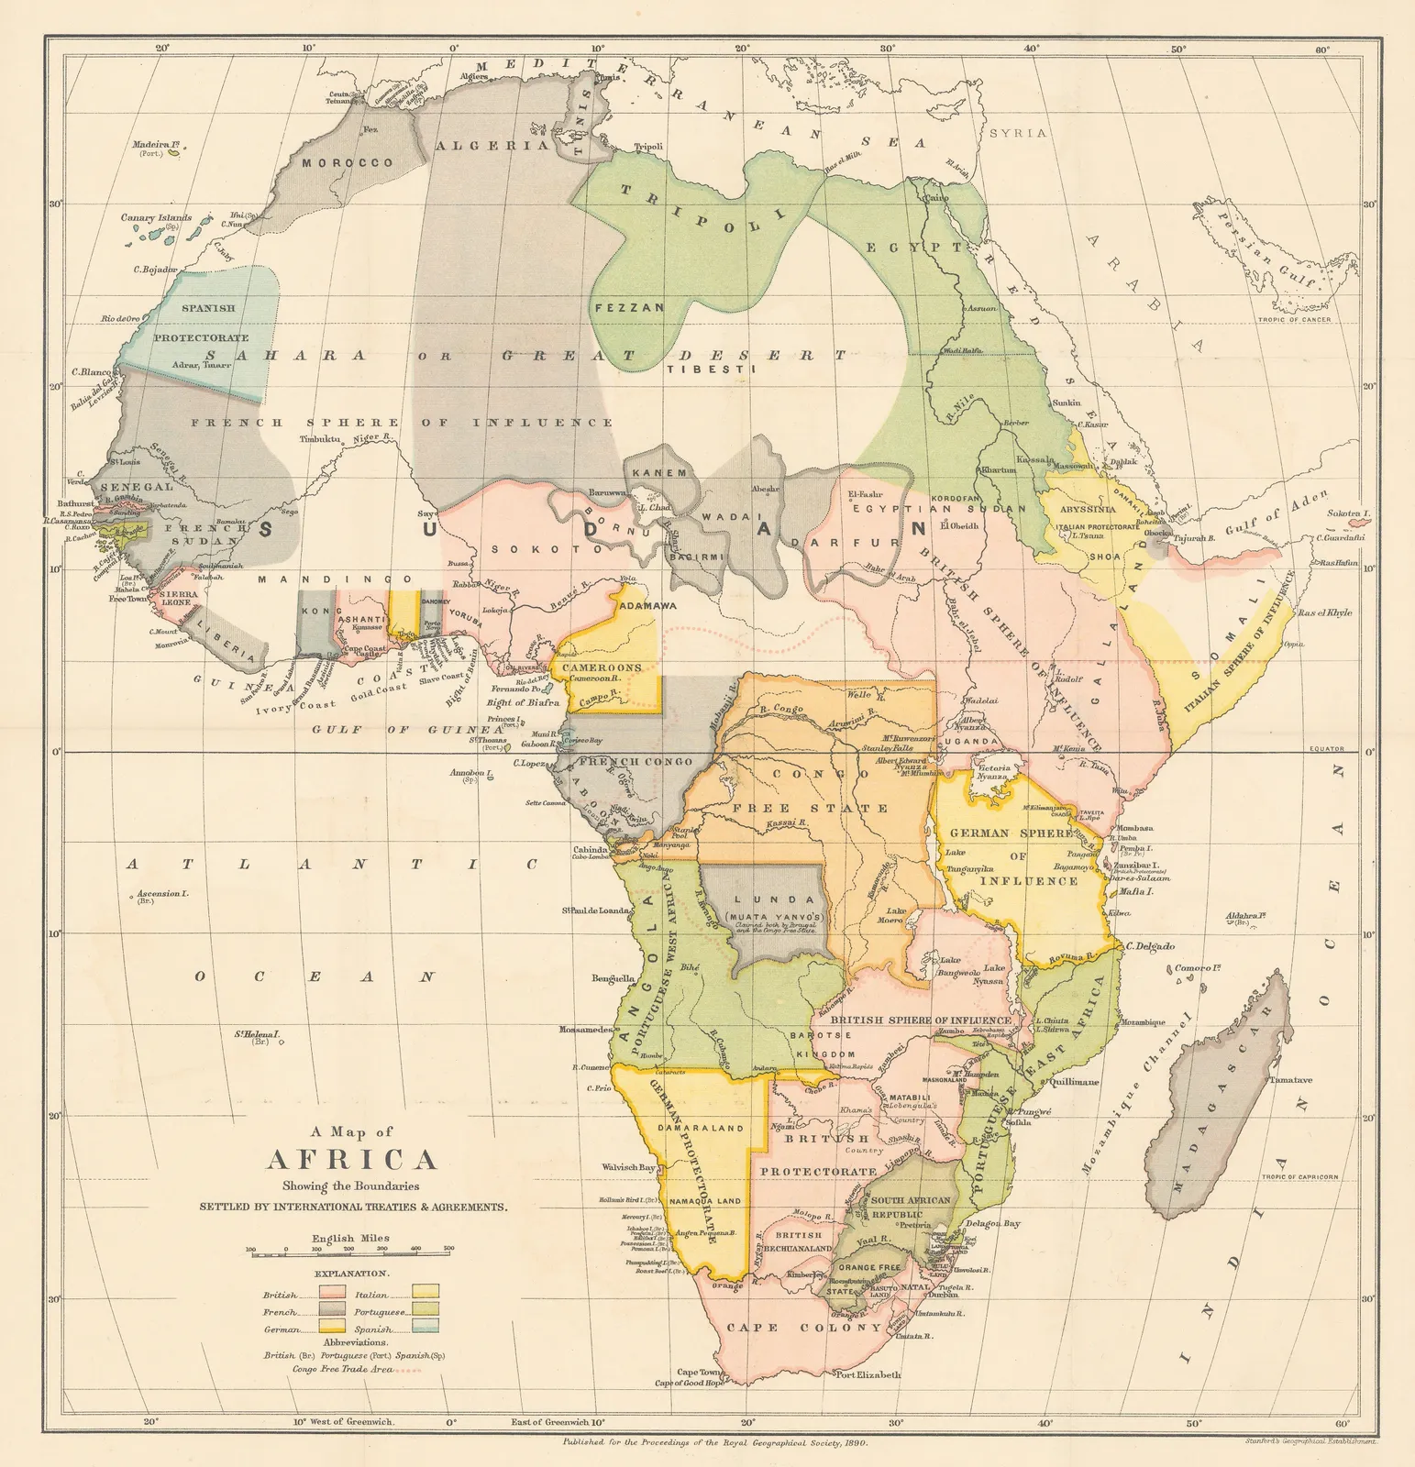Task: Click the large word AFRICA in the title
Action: (351, 1159)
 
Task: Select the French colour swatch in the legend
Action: (333, 1312)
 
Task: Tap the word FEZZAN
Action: (629, 308)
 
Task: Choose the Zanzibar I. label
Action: (1136, 865)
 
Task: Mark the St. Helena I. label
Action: (256, 1034)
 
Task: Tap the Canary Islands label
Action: (156, 218)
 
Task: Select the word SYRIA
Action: (1017, 133)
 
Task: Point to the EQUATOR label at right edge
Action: (1325, 748)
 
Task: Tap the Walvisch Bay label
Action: (628, 1167)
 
